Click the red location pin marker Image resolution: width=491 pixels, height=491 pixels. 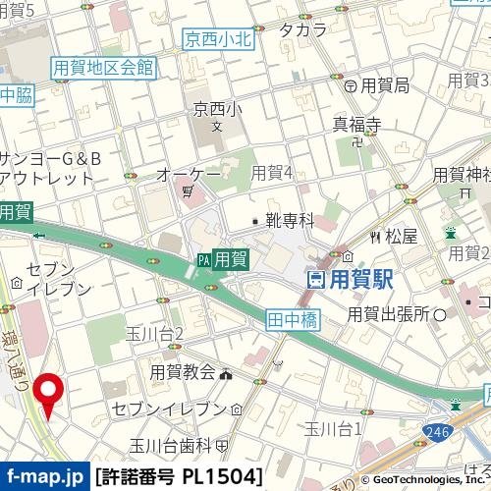(47, 390)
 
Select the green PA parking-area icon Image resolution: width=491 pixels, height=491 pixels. (203, 260)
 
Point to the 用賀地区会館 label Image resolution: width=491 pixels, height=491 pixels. (103, 67)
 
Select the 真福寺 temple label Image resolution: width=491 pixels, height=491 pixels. (355, 124)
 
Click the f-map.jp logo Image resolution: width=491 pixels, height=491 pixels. (44, 478)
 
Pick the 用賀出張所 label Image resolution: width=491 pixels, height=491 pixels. (389, 314)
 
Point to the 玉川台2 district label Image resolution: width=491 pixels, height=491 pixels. (155, 335)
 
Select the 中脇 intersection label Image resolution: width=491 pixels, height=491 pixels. (16, 95)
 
